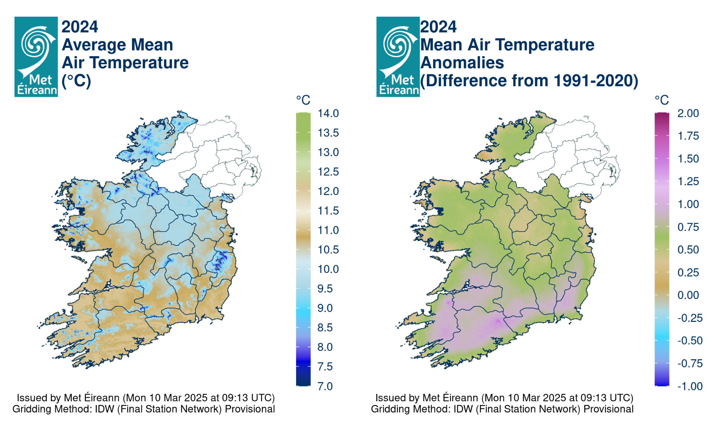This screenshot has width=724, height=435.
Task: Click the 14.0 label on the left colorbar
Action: [328, 113]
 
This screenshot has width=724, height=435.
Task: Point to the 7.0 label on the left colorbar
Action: [325, 386]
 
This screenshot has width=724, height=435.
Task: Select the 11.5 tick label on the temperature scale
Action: [328, 211]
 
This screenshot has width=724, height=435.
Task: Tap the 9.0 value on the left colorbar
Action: [325, 308]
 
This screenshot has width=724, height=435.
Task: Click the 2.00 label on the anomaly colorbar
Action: [688, 113]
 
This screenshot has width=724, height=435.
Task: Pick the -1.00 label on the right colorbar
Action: [690, 386]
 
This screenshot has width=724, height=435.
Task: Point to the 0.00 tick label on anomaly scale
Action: [688, 295]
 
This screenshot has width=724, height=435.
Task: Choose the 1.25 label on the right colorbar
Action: [688, 181]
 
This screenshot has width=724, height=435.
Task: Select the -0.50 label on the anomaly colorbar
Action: [690, 340]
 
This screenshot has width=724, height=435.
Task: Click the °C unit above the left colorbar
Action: [303, 100]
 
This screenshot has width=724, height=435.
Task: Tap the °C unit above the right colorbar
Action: [661, 100]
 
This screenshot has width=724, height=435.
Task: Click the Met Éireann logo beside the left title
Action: [36, 57]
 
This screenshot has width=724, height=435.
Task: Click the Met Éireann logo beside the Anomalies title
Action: [398, 57]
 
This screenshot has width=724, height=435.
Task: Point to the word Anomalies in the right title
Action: [462, 63]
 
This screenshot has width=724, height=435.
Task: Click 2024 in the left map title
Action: [80, 27]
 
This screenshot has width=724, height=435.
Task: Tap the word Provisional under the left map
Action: [250, 409]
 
